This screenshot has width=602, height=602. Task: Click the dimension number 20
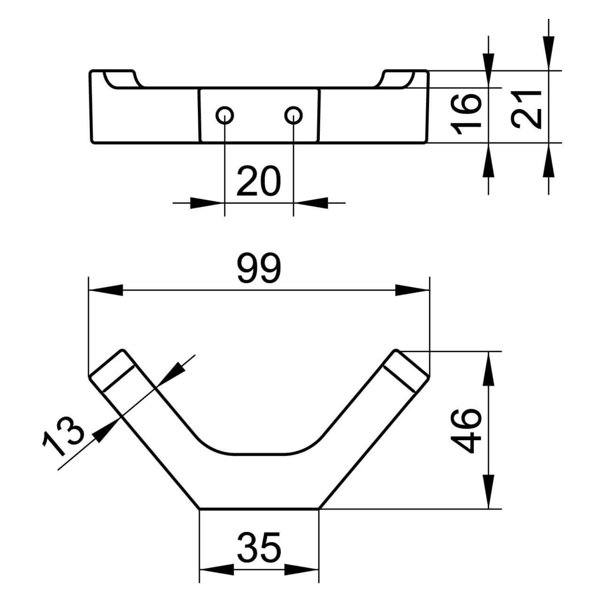[259, 180]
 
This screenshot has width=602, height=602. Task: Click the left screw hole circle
[225, 115]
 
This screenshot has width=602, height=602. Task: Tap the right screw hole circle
[293, 115]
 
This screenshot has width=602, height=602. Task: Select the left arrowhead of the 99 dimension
[106, 290]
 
